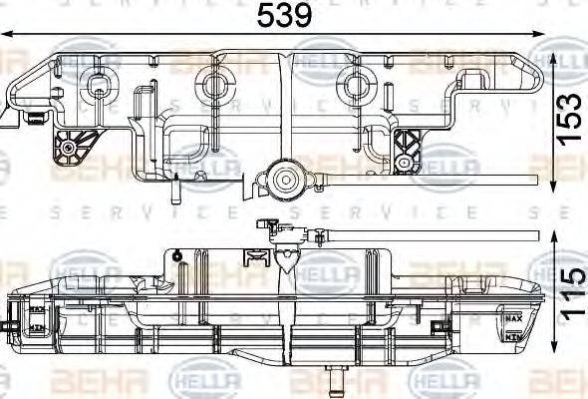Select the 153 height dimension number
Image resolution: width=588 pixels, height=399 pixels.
click(x=568, y=119)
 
